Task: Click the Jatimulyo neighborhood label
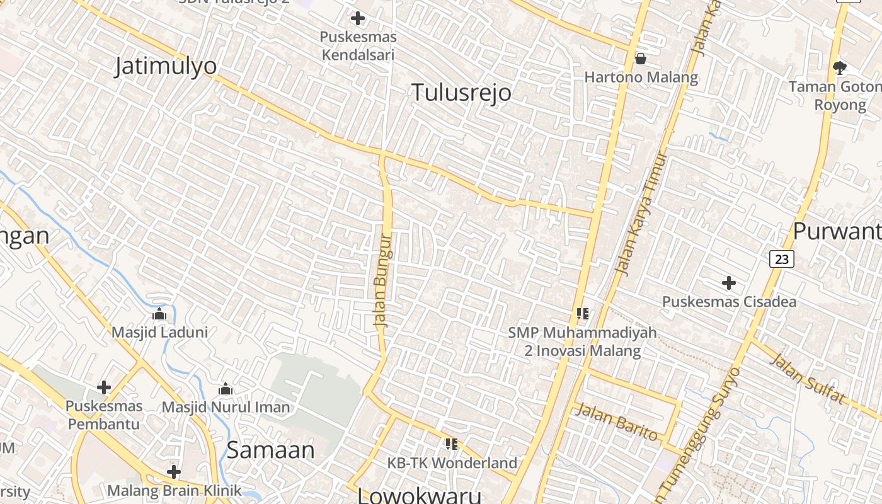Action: [x=165, y=66]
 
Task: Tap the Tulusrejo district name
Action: [x=461, y=93]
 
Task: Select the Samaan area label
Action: [x=270, y=450]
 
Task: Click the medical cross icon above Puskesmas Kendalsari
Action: [x=358, y=18]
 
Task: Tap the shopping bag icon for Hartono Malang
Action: [x=641, y=59]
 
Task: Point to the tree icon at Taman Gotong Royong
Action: [x=839, y=67]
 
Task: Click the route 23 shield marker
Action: [x=781, y=258]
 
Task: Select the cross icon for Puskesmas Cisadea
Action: [x=729, y=283]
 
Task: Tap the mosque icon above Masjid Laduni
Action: [x=159, y=313]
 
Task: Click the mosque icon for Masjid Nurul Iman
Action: [x=226, y=389]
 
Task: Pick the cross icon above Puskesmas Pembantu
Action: [x=104, y=387]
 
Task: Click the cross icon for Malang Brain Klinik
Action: [x=174, y=471]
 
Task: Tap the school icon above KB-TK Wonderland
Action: [x=451, y=444]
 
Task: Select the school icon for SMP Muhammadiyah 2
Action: [x=582, y=313]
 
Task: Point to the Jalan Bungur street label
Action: [x=383, y=280]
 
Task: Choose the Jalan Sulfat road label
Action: [x=807, y=378]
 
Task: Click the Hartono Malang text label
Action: [x=641, y=77]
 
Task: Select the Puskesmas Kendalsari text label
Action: [x=358, y=46]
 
